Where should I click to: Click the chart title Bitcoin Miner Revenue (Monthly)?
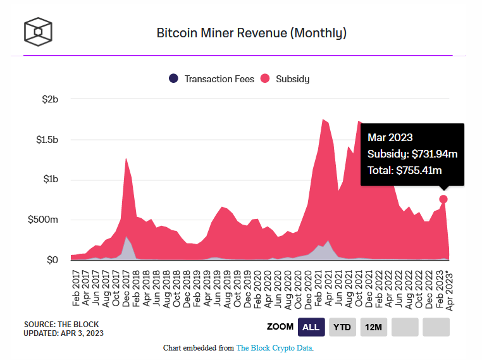pyautogui.click(x=251, y=33)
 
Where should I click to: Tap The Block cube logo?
pyautogui.click(x=38, y=32)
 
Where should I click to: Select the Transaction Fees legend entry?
pyautogui.click(x=212, y=79)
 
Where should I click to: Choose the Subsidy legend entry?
pyautogui.click(x=285, y=79)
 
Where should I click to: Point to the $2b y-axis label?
pyautogui.click(x=50, y=99)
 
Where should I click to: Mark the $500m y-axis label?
pyautogui.click(x=45, y=220)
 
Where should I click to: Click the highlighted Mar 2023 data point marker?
pyautogui.click(x=444, y=199)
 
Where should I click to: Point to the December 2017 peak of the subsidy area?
pyautogui.click(x=127, y=159)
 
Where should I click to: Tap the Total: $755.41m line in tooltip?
pyautogui.click(x=405, y=170)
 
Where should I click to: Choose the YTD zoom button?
pyautogui.click(x=342, y=327)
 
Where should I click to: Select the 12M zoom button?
pyautogui.click(x=373, y=327)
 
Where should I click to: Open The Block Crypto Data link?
pyautogui.click(x=275, y=348)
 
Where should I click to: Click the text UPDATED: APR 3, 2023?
pyautogui.click(x=64, y=333)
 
